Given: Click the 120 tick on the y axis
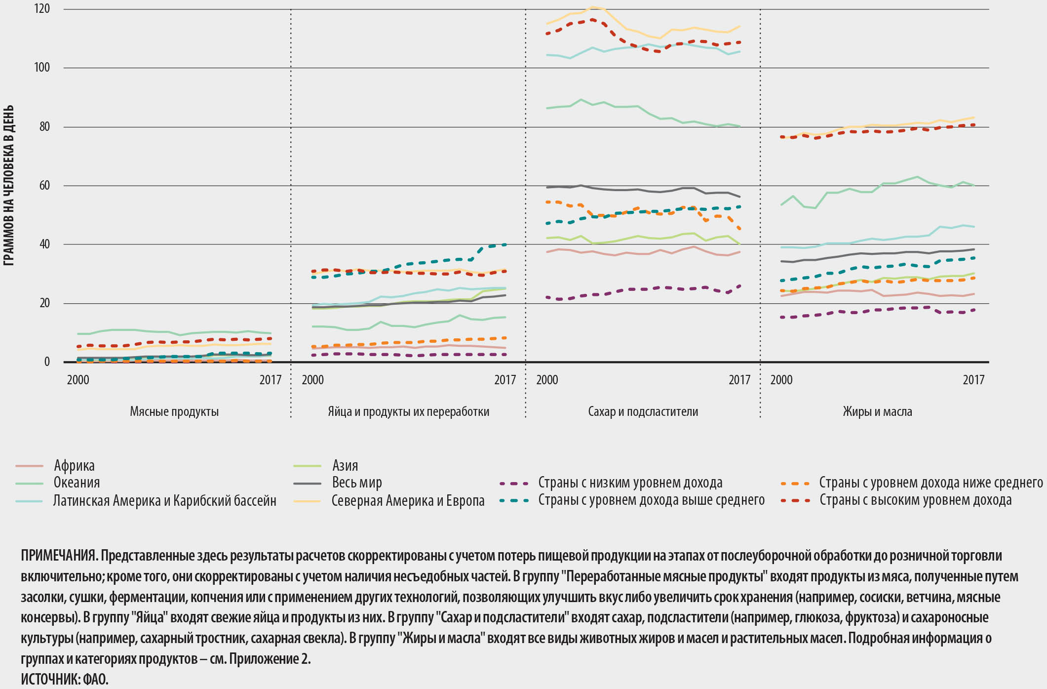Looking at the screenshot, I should (42, 9).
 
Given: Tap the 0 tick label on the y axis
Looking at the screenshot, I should (47, 362).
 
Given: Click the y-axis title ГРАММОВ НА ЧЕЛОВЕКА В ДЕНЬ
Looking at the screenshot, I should (8, 185).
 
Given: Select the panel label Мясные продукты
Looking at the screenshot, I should (174, 411).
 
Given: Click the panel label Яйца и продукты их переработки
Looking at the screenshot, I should (408, 411).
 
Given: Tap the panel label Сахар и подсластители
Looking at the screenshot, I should (643, 411).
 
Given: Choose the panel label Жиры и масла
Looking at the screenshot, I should (877, 411).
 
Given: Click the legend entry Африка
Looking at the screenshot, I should (74, 465).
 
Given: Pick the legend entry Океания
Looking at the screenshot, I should (77, 483).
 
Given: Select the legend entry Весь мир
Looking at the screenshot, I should (357, 483).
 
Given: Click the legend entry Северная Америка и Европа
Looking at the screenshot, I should (408, 500).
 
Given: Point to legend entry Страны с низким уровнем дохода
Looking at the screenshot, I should (630, 483).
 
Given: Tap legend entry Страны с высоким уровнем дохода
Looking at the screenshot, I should (915, 500).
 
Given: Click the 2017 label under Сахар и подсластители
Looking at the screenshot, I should (739, 380).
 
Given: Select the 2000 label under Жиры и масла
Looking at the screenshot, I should (781, 380).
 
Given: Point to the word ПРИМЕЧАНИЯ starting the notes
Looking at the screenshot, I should (59, 556).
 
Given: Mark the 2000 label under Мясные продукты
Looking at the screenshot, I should (78, 380).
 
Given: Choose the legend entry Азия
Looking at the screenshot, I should (345, 465).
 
